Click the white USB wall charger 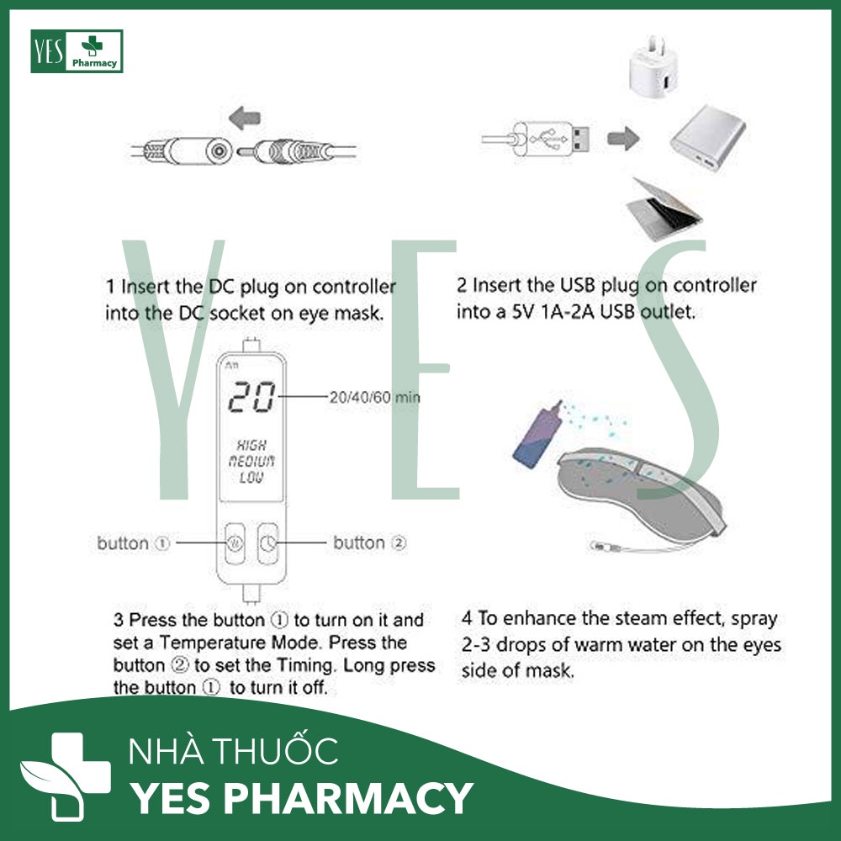pos(660,69)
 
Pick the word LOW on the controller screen pos(252,477)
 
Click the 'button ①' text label pos(133,543)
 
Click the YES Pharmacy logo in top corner pos(77,51)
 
